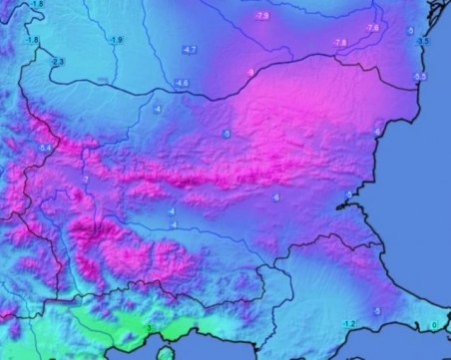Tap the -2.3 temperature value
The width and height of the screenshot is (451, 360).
click(57, 62)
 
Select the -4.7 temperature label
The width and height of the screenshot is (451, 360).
click(190, 49)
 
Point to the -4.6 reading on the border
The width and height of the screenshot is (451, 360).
click(182, 82)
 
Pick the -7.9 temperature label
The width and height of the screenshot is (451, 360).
click(262, 17)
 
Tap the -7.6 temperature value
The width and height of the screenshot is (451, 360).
click(372, 28)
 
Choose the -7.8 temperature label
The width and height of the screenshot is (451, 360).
click(339, 43)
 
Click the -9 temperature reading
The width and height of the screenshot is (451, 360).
click(249, 72)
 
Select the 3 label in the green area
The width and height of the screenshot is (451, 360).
click(150, 328)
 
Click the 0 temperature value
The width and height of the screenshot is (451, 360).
click(434, 325)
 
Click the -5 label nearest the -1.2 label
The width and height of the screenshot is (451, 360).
click(377, 312)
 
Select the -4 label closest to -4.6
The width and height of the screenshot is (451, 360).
click(155, 108)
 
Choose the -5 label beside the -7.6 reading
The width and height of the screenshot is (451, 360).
click(410, 31)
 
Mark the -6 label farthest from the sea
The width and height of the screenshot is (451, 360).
click(274, 198)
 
